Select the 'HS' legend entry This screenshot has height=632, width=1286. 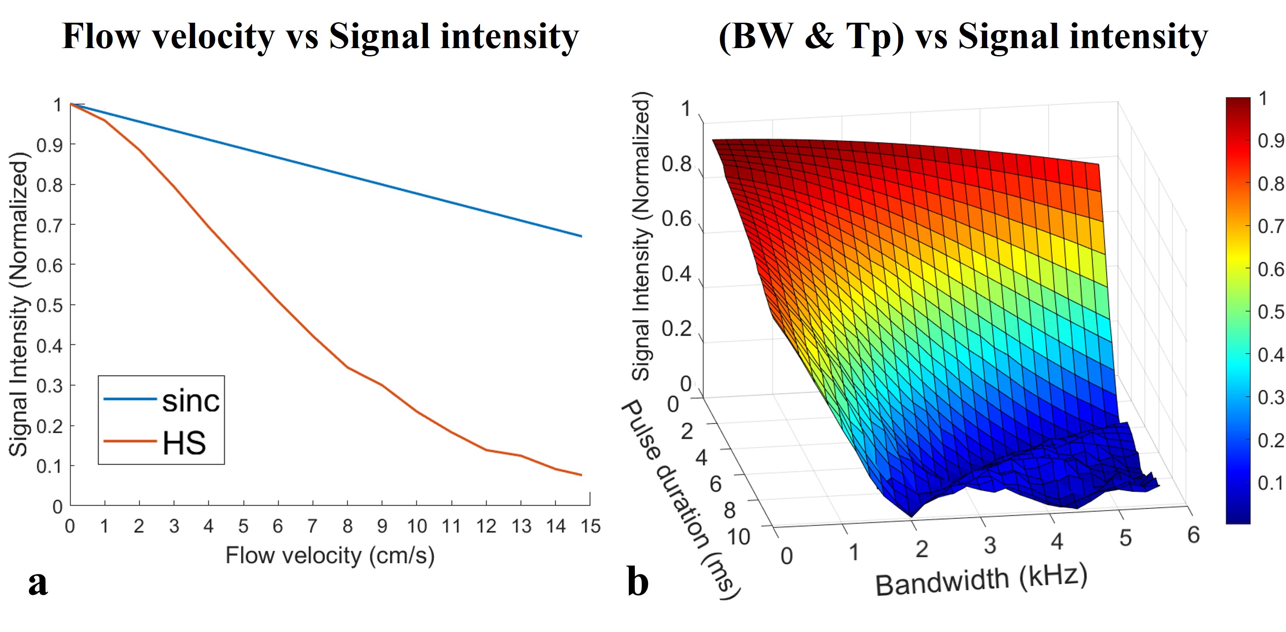pos(184,443)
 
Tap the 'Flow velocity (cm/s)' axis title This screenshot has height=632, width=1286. pos(330,556)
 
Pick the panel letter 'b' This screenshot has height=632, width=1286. pos(638,582)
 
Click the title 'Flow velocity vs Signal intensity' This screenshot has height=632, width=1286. pos(320,36)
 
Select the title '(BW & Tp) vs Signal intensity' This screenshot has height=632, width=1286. pos(963,36)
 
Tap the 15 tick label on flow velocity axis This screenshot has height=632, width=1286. pos(590,526)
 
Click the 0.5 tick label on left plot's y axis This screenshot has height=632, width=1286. pos(50,305)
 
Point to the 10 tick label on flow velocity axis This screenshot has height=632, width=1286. pos(417,526)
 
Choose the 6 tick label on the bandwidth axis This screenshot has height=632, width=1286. pos(1193,535)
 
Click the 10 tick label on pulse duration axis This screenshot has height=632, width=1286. pos(738,537)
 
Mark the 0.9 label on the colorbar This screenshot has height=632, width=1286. pos(1271,141)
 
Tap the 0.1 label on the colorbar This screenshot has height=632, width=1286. pos(1271,483)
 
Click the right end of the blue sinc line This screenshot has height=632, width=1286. pos(582,236)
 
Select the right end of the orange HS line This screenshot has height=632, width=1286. pos(582,475)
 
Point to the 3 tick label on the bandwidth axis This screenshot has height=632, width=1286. pos(990,545)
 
